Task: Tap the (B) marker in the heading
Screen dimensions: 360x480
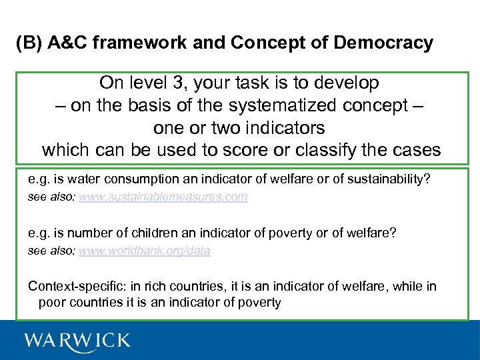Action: point(29,43)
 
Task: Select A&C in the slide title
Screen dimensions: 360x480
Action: point(71,43)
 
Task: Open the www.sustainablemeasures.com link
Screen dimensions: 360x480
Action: point(163,197)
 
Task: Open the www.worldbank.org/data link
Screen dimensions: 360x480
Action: point(144,251)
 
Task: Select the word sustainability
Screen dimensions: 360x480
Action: point(393,179)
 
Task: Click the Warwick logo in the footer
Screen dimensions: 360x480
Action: point(77,341)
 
